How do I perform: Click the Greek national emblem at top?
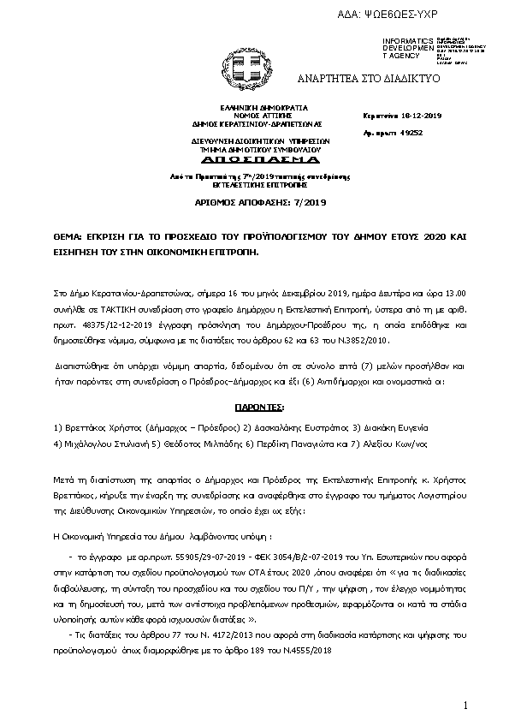point(248,65)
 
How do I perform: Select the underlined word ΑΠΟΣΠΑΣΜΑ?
point(249,160)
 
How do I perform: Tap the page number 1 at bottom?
point(467,705)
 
